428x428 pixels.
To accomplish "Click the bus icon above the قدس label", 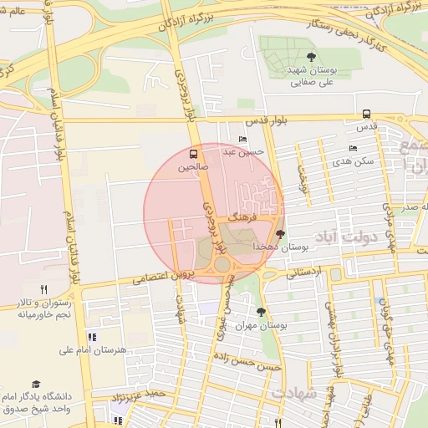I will pos(366,115).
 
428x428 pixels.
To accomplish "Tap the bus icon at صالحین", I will pos(194,155).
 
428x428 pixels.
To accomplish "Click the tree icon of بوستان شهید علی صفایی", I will pos(311,57).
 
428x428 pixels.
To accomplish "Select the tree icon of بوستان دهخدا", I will pos(279,235).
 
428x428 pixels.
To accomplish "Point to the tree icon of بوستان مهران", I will pos(262,312).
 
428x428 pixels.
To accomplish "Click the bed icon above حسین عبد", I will pos(242,140).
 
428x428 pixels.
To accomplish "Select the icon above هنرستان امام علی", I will pos(92,337).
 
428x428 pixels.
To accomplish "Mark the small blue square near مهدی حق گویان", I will pos(383,302).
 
